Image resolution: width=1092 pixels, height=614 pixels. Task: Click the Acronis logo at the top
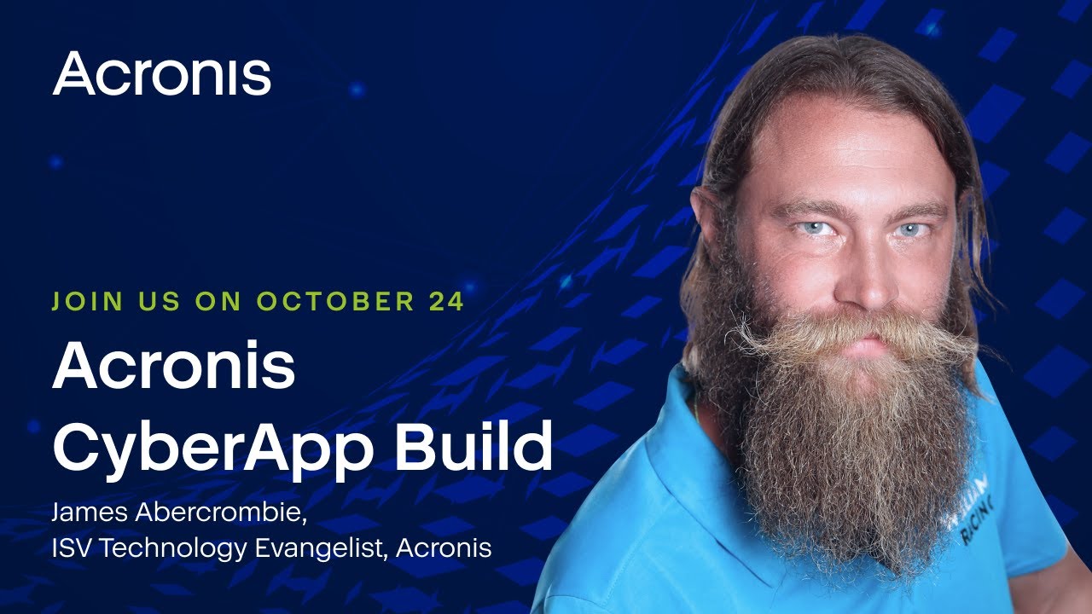tap(161, 73)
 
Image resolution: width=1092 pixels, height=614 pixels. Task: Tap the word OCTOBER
tap(336, 301)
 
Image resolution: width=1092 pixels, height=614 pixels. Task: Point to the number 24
tap(446, 301)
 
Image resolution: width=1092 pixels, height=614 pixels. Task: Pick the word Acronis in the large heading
tap(173, 366)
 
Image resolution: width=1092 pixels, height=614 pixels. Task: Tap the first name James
tap(90, 513)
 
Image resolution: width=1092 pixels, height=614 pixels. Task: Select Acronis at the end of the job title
tap(444, 547)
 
